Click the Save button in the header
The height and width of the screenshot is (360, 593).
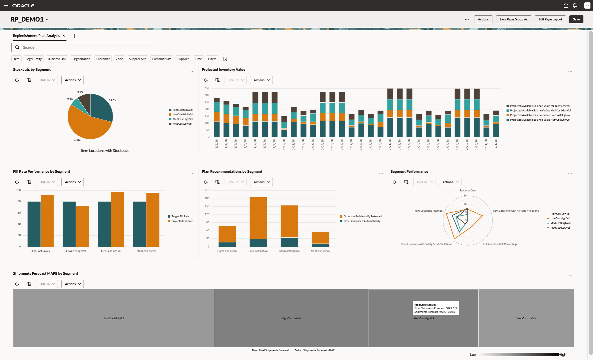[x=576, y=19]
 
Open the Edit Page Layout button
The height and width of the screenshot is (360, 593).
[x=550, y=19]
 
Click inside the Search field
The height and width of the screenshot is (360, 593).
[x=87, y=48]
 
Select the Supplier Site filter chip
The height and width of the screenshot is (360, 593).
[x=137, y=59]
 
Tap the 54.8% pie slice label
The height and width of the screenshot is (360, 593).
[x=77, y=140]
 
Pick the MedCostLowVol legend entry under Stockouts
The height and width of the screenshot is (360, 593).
[x=182, y=124]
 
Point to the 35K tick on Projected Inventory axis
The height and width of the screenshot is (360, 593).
[x=207, y=88]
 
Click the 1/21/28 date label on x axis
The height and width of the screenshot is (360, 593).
[x=390, y=144]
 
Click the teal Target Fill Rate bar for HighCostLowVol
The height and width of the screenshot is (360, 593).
[x=34, y=224]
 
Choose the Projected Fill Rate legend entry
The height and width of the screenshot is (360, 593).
[x=182, y=221]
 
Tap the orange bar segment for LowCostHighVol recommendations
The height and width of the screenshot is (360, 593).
[x=258, y=218]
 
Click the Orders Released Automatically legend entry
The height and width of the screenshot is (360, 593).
[x=362, y=221]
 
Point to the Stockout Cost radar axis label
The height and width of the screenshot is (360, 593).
[x=467, y=191]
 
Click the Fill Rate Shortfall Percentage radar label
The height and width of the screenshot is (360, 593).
[x=500, y=244]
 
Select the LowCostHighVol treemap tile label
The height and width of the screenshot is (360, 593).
[x=114, y=318]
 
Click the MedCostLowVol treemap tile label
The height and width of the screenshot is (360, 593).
[x=526, y=318]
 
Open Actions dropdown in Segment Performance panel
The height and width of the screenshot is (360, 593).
[x=450, y=182]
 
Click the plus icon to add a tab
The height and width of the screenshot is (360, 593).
[x=74, y=36]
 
